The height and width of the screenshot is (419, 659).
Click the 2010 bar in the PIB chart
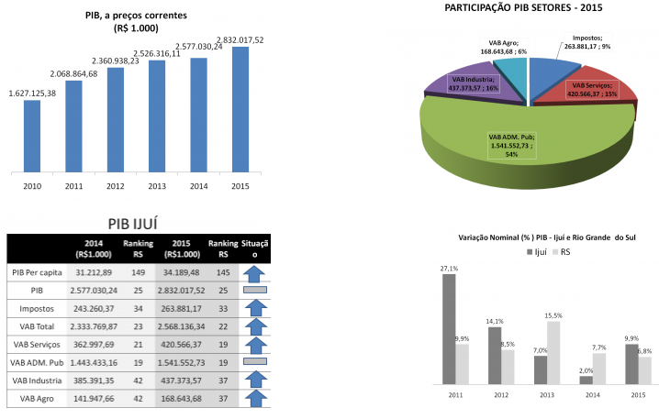(x=32, y=135)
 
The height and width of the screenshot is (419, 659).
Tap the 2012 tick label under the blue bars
(x=116, y=186)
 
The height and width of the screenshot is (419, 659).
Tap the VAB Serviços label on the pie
(x=588, y=88)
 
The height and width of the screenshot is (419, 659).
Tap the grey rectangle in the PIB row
(x=253, y=291)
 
